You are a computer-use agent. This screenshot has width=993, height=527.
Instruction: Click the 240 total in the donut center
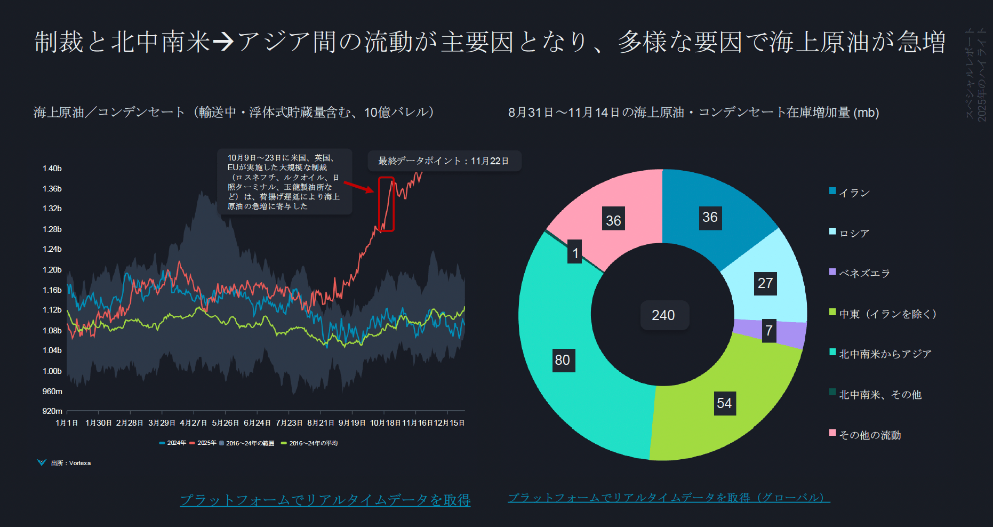point(663,315)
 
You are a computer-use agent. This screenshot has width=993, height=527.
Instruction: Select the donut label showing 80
point(563,360)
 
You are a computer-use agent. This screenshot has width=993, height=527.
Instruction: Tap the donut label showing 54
point(724,403)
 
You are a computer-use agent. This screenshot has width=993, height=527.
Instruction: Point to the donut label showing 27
point(765,283)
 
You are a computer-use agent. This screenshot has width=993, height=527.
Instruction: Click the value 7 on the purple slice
point(769,331)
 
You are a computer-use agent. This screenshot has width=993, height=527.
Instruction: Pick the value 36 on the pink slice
point(613,220)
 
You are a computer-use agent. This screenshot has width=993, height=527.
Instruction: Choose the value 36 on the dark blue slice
point(710,217)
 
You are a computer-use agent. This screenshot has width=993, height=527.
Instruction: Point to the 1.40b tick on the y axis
point(52,169)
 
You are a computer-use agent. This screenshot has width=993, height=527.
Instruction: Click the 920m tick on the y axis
point(52,411)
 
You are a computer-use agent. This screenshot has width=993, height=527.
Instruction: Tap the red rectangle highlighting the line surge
point(386,204)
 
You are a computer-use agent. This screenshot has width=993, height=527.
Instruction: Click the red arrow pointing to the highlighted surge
point(359,187)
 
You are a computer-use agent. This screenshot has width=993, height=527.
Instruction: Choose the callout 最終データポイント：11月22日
point(444,161)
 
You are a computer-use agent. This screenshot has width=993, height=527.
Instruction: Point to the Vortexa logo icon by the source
point(42,462)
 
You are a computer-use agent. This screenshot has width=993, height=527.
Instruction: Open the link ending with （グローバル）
point(669,498)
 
